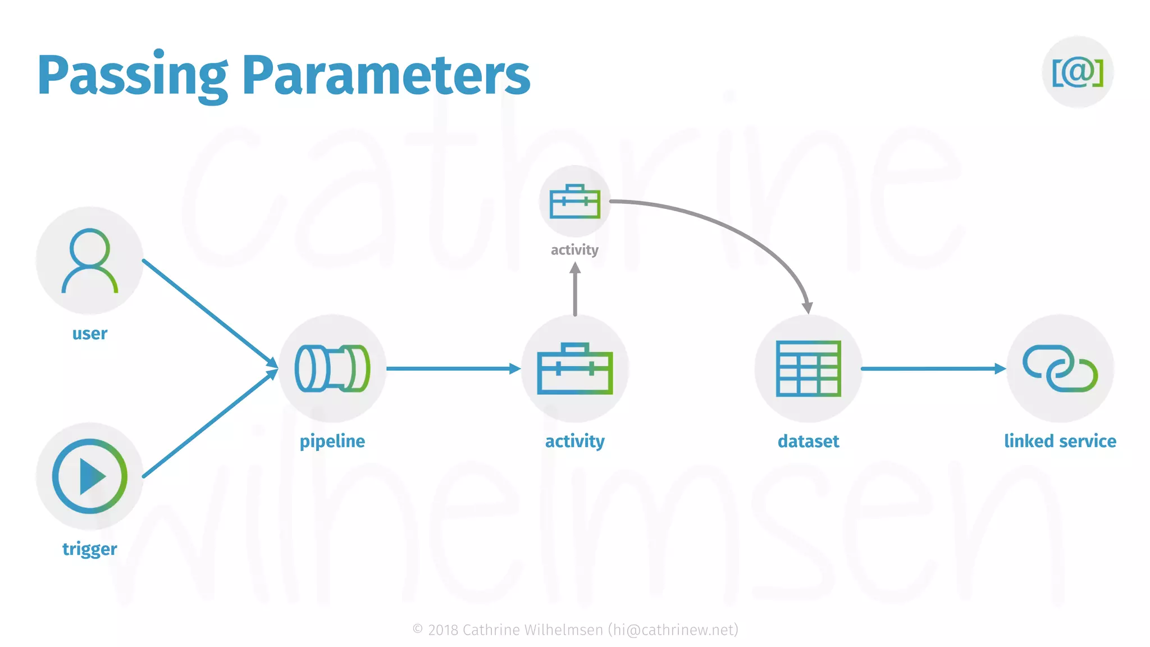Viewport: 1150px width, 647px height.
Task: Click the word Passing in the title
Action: [x=133, y=75]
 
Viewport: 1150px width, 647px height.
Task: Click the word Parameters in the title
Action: [x=386, y=75]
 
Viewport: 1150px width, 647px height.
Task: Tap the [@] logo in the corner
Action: [x=1078, y=72]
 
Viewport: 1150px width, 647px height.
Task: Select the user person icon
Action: [x=90, y=260]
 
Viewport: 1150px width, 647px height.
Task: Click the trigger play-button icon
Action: [x=90, y=476]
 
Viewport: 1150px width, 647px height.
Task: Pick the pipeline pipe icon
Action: [x=332, y=368]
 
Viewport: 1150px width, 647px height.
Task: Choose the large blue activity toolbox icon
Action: [x=575, y=368]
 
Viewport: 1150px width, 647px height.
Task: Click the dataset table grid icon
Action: [x=808, y=368]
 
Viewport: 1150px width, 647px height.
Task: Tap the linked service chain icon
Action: [x=1060, y=368]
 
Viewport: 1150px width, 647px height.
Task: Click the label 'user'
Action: [x=90, y=334]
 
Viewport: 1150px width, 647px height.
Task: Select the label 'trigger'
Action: [x=90, y=549]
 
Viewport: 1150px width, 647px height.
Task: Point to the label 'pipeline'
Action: [x=332, y=441]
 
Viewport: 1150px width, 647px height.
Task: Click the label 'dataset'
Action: [x=808, y=441]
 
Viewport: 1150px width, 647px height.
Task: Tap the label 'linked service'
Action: [x=1060, y=441]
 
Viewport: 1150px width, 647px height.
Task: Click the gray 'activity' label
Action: [x=574, y=250]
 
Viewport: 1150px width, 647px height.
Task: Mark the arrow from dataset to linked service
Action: [x=932, y=368]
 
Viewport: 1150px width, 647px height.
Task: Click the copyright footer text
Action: [x=575, y=630]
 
